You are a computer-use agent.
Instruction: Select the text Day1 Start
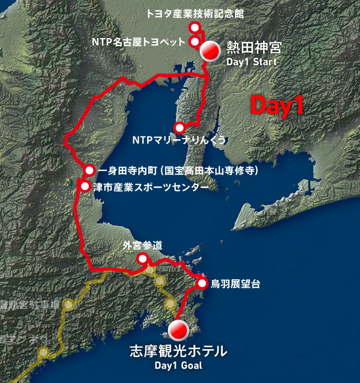tap(251, 62)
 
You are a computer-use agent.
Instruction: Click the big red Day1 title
tap(277, 105)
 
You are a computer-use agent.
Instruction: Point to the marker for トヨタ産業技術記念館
tap(195, 28)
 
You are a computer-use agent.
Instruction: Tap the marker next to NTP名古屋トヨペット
tap(194, 41)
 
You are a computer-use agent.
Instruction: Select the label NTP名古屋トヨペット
tap(138, 42)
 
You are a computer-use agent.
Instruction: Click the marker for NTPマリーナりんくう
tap(179, 127)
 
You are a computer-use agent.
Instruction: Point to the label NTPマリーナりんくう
tap(179, 140)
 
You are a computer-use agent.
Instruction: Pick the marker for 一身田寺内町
tap(89, 170)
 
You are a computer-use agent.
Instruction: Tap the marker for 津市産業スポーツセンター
tap(85, 186)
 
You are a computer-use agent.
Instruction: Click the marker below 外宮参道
tap(142, 259)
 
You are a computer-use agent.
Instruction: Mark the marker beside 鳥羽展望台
tap(202, 284)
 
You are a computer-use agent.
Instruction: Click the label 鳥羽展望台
tap(235, 284)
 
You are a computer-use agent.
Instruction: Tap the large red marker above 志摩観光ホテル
tap(178, 330)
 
